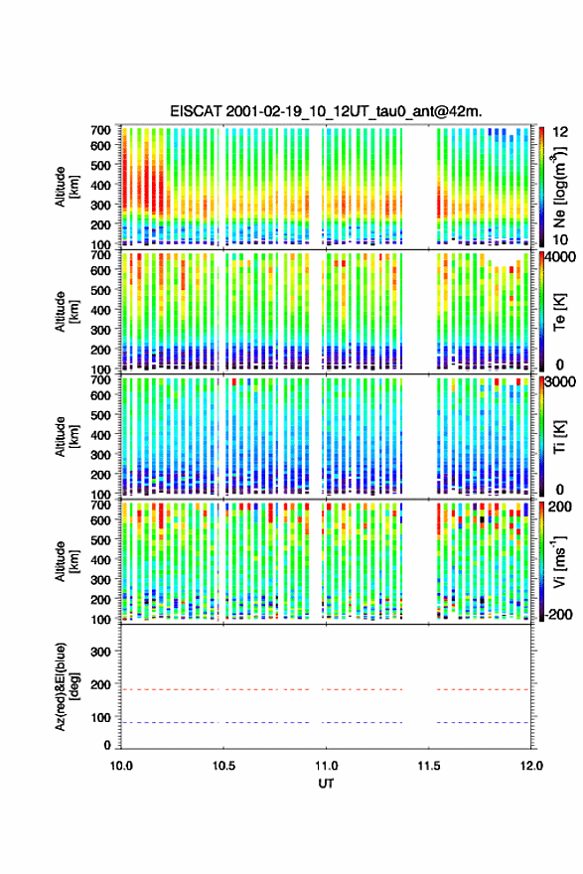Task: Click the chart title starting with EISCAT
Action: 326,111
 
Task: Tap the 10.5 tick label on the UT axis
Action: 223,766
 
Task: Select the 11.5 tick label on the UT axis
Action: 429,766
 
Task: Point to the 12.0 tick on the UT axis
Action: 531,766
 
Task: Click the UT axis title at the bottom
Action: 326,784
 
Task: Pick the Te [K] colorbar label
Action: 559,312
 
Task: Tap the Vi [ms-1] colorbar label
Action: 559,561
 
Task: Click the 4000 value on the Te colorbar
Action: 560,257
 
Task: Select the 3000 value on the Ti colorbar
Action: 560,382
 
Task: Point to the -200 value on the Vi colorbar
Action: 558,614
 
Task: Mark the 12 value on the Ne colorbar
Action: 560,132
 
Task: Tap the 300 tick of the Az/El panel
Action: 100,652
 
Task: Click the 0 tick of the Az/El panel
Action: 107,745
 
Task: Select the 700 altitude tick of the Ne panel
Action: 100,130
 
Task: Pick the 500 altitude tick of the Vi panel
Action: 100,539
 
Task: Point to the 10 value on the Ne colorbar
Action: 560,239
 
